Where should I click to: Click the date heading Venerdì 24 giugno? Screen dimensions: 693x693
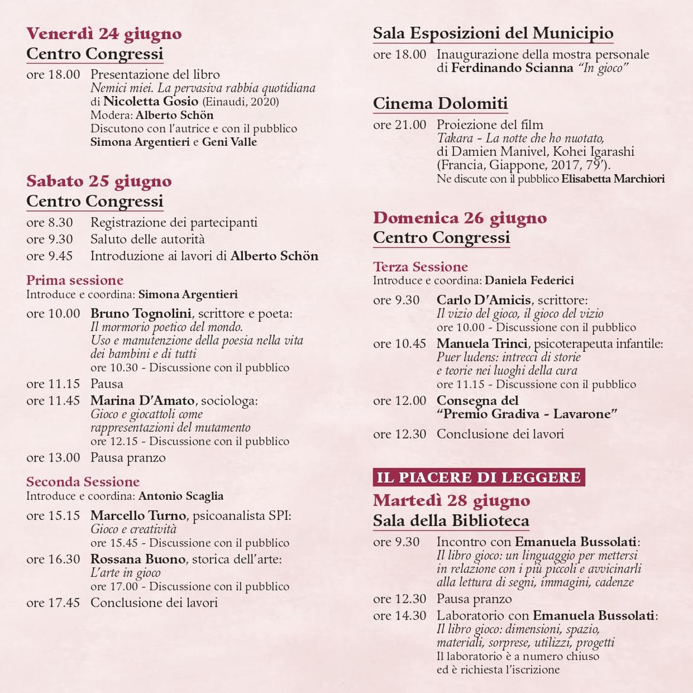click(x=104, y=34)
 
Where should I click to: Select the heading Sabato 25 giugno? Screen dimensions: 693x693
click(x=99, y=181)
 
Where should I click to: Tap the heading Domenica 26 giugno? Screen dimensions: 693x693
click(x=460, y=218)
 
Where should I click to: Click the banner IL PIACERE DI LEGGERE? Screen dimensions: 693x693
click(x=479, y=477)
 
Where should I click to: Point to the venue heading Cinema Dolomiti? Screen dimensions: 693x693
click(x=440, y=104)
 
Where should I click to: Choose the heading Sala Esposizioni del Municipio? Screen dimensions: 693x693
click(x=493, y=33)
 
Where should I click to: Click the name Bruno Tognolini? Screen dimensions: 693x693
click(x=141, y=313)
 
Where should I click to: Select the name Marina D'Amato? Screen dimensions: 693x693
click(x=142, y=401)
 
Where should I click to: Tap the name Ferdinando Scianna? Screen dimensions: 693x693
click(x=512, y=68)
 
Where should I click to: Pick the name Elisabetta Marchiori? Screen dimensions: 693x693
click(x=612, y=179)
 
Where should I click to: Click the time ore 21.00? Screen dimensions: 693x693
click(x=399, y=125)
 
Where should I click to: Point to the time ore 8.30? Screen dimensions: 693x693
click(x=49, y=223)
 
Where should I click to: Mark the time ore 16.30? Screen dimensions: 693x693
click(x=53, y=559)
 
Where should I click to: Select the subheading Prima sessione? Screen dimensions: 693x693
click(x=75, y=280)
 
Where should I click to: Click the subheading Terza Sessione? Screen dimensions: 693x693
click(x=420, y=267)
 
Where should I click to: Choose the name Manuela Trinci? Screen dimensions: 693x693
click(x=482, y=344)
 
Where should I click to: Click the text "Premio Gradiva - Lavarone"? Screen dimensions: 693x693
click(x=527, y=414)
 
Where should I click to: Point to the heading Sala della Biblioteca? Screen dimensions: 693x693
click(x=451, y=521)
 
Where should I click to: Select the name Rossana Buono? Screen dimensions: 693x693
click(x=138, y=559)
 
